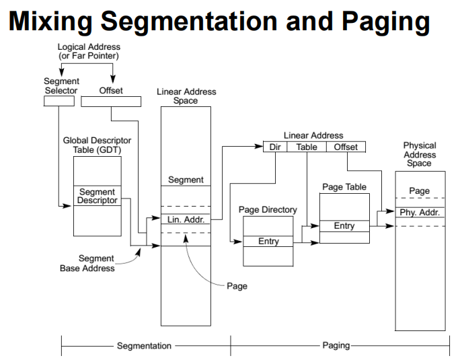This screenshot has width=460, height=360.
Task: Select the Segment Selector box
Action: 59,102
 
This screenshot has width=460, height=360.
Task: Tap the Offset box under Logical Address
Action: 111,102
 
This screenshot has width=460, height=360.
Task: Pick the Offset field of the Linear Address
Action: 346,147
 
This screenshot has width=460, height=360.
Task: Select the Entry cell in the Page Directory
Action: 268,241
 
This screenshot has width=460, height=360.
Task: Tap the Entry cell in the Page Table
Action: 344,226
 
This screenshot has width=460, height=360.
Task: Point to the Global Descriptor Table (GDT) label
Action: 97,145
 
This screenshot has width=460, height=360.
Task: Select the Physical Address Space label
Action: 419,154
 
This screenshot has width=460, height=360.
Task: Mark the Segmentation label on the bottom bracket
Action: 145,346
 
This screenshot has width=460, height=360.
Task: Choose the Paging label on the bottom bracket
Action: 336,346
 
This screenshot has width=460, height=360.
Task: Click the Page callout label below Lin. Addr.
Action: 237,286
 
